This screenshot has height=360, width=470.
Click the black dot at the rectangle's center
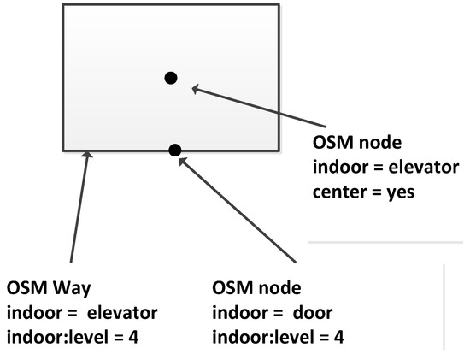171,78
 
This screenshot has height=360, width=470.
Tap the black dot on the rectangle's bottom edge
175,150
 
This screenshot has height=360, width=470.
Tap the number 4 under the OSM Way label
133,336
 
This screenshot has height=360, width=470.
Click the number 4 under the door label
338,336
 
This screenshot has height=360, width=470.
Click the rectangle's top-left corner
64,4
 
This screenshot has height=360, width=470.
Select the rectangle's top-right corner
279,4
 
